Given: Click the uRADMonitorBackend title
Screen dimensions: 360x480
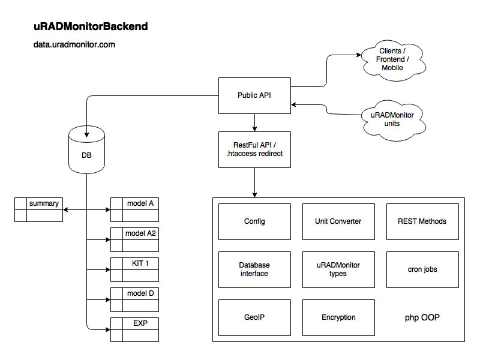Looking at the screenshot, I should click(91, 27).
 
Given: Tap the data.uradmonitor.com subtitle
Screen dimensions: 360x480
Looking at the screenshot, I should click(74, 44).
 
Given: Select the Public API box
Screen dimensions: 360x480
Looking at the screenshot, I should click(254, 95).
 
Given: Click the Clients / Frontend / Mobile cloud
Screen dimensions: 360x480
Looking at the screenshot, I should click(392, 60).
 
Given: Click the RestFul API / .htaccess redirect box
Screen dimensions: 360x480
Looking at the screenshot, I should click(254, 149).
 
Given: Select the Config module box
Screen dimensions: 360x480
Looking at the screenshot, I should click(254, 221).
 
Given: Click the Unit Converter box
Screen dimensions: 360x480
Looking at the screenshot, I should click(338, 221).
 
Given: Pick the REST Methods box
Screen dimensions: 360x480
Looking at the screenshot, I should click(422, 221).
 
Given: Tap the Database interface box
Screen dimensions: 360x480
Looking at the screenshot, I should click(254, 269).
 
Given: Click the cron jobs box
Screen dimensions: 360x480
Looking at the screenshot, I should click(422, 269).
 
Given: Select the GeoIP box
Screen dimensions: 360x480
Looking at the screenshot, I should click(254, 317).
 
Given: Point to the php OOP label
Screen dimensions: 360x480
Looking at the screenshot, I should click(422, 317).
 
